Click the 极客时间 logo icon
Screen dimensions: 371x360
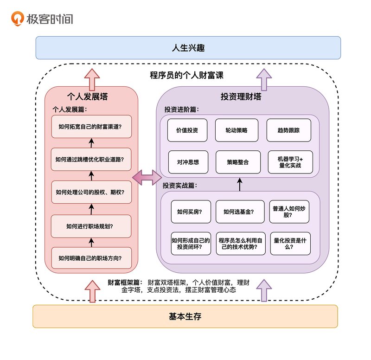pos(18,19)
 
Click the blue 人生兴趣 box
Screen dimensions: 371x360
pos(188,48)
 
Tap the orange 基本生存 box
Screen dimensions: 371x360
pos(185,316)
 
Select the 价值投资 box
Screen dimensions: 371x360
pos(187,130)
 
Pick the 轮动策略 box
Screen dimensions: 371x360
pos(237,130)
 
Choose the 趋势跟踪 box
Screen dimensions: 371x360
pos(288,130)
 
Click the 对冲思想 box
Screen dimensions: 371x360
pos(188,162)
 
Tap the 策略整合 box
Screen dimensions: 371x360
pos(238,162)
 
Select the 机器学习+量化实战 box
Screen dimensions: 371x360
pos(290,162)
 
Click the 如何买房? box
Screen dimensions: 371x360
pos(191,212)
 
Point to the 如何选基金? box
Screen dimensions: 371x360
pos(240,212)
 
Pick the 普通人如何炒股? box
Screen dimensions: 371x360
pos(289,212)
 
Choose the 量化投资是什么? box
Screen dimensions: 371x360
pos(290,244)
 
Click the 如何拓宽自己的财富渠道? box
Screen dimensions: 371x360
pos(91,127)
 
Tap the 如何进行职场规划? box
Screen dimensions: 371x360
pos(91,226)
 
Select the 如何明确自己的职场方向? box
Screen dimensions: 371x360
pos(91,258)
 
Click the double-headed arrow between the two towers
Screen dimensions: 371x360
pos(147,177)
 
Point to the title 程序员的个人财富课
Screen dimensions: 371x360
pos(186,75)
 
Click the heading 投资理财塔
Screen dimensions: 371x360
pos(241,96)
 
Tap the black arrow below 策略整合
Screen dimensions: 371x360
pos(240,184)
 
